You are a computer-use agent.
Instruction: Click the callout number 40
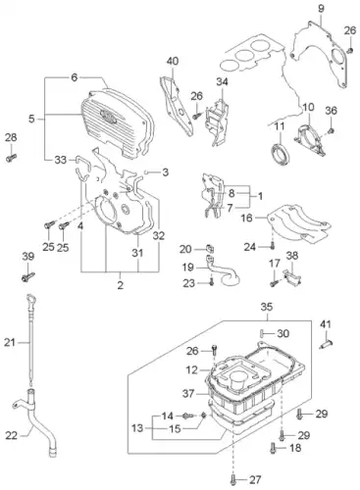tap(173, 61)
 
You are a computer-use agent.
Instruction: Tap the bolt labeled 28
tap(11, 159)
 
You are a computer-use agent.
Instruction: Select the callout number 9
tap(321, 9)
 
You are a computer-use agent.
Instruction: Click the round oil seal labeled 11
tap(280, 153)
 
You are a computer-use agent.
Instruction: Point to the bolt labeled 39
tap(27, 277)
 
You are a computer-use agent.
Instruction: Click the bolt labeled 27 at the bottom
tap(233, 479)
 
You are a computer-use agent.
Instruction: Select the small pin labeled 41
tap(326, 343)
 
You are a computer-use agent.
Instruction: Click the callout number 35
tap(267, 307)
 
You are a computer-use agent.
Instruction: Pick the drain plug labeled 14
tap(188, 416)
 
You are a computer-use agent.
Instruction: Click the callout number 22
tap(11, 435)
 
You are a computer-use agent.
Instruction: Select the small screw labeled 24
tap(272, 247)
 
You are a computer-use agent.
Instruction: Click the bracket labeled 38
tap(292, 278)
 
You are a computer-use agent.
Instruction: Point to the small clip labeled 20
tap(210, 249)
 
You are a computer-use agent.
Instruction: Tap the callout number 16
tap(247, 218)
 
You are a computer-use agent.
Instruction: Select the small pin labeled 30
tap(262, 333)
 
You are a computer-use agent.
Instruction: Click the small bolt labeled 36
tap(331, 130)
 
